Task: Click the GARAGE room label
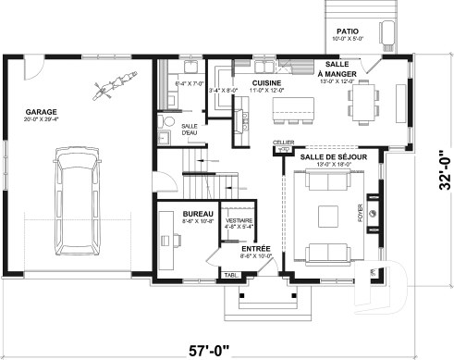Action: pyautogui.click(x=42, y=114)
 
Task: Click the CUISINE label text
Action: pyautogui.click(x=266, y=83)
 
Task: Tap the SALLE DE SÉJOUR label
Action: pyautogui.click(x=333, y=157)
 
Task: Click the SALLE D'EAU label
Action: pyautogui.click(x=190, y=129)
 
